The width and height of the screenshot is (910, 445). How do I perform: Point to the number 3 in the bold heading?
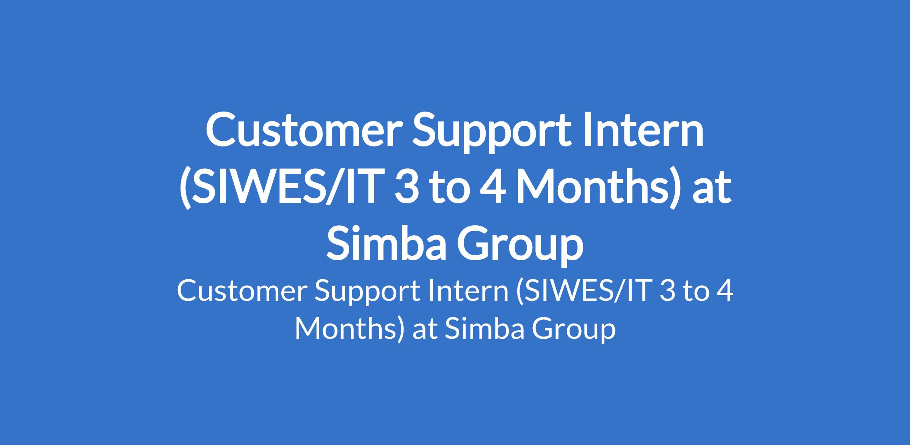[x=405, y=187]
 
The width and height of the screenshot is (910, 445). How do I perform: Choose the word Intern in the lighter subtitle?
[x=468, y=292]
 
